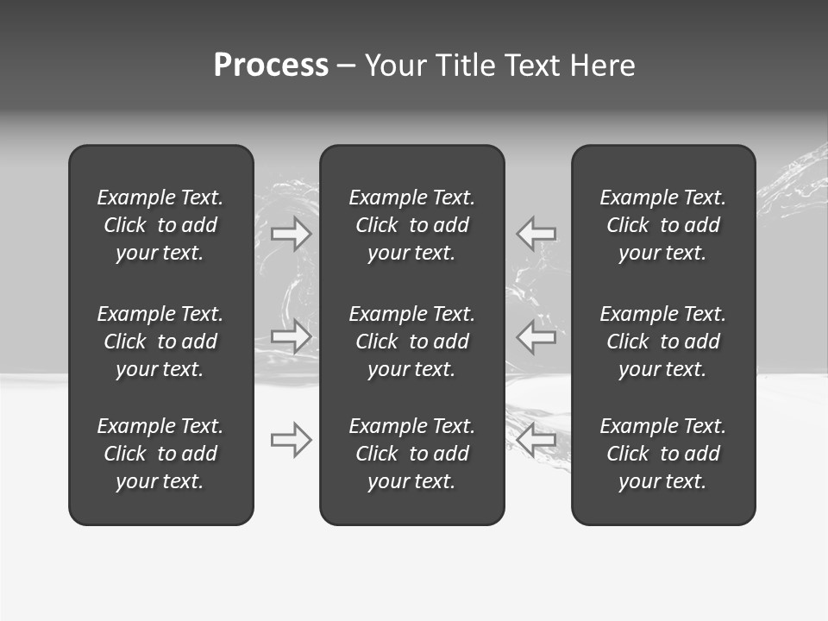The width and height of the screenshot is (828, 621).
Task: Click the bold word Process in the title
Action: tap(271, 66)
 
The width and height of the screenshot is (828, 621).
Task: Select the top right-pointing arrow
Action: tap(292, 233)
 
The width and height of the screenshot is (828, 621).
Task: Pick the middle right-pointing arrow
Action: tap(292, 336)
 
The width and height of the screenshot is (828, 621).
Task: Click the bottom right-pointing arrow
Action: tap(292, 440)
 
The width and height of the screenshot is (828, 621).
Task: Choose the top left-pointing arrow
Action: tap(536, 233)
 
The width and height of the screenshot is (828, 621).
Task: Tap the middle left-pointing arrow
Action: tap(536, 336)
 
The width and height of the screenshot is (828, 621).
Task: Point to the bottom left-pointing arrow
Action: tap(536, 440)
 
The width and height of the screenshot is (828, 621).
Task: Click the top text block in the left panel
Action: tap(160, 225)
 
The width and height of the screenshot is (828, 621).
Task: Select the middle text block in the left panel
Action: tap(160, 342)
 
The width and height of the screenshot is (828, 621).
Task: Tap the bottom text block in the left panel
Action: tap(160, 454)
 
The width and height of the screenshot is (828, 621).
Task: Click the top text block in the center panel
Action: tap(411, 225)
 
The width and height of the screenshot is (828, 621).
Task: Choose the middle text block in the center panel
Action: tap(411, 342)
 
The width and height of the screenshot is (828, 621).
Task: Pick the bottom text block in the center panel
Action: tap(411, 454)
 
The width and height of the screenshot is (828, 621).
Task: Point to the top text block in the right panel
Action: tap(662, 225)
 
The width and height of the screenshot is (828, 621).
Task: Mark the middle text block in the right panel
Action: tap(662, 342)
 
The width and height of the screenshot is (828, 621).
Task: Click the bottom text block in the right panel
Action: tap(662, 454)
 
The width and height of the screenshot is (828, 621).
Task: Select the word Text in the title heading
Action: tap(533, 66)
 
